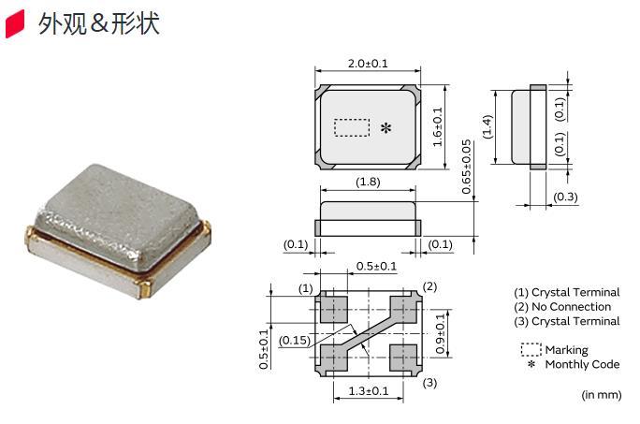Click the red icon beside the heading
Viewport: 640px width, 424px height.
pos(16,24)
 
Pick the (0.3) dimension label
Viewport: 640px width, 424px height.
pos(566,197)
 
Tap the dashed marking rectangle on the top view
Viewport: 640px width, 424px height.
pos(352,127)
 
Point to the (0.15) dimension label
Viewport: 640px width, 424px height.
pos(296,340)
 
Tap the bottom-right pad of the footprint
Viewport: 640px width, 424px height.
pos(403,357)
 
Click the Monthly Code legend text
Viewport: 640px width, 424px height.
pos(582,364)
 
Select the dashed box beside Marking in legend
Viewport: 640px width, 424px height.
pos(531,349)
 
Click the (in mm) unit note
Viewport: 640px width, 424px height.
pos(602,395)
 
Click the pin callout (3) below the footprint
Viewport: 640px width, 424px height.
pos(429,383)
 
